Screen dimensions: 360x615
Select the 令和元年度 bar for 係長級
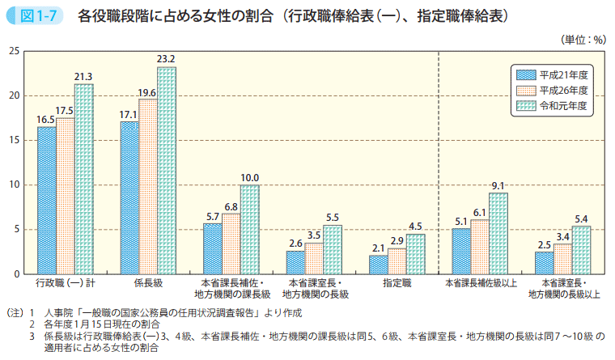pyautogui.click(x=167, y=171)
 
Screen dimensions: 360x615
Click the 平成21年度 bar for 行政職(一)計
pyautogui.click(x=47, y=201)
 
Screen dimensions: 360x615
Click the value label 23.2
pyautogui.click(x=167, y=59)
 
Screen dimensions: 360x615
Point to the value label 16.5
pyautogui.click(x=46, y=119)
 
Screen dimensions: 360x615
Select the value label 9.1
pyautogui.click(x=498, y=185)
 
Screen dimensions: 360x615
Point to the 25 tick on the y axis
pyautogui.click(x=15, y=51)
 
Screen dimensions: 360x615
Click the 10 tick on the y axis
pyautogui.click(x=15, y=184)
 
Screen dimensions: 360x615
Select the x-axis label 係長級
pyautogui.click(x=148, y=284)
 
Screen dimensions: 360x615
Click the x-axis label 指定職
pyautogui.click(x=397, y=284)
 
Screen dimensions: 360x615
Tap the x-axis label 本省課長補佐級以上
pyautogui.click(x=480, y=284)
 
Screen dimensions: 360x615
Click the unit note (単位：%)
pyautogui.click(x=583, y=38)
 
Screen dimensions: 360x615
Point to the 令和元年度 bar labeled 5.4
pyautogui.click(x=581, y=250)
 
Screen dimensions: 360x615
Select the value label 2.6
pyautogui.click(x=296, y=243)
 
